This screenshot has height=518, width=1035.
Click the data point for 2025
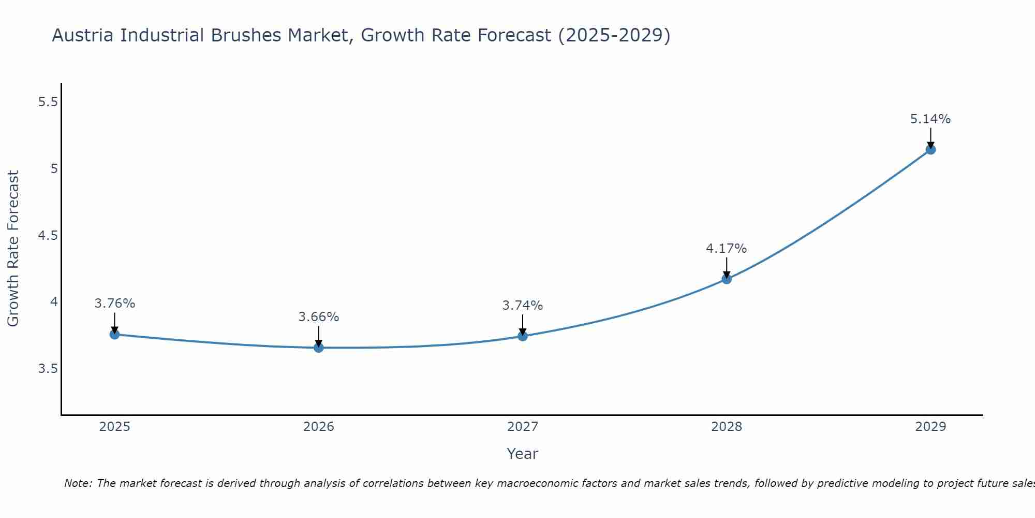coord(114,335)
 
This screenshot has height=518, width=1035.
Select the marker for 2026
coord(319,348)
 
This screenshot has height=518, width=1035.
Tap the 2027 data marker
coord(523,336)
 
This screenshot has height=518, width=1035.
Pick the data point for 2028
coord(727,279)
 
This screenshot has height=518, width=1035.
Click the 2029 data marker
coord(930,150)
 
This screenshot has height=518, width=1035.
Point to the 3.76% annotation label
coord(114,304)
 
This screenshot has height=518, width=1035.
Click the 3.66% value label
coord(319,317)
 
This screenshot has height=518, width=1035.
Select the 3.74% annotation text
coord(523,306)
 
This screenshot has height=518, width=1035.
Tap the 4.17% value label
coord(727,249)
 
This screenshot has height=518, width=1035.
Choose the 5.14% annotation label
coord(930,119)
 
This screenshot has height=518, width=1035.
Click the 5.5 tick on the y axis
coord(48,102)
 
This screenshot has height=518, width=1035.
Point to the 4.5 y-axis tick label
coord(48,236)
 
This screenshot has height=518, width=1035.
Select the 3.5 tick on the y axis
coord(48,369)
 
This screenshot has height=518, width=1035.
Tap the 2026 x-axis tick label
coord(319,427)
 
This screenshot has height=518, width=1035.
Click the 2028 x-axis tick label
coord(727,427)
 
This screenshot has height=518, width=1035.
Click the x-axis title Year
coord(523,454)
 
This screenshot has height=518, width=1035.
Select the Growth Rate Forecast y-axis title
coord(13,249)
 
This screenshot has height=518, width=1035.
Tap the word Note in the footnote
coord(77,483)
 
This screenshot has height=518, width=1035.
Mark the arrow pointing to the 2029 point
coord(930,138)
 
